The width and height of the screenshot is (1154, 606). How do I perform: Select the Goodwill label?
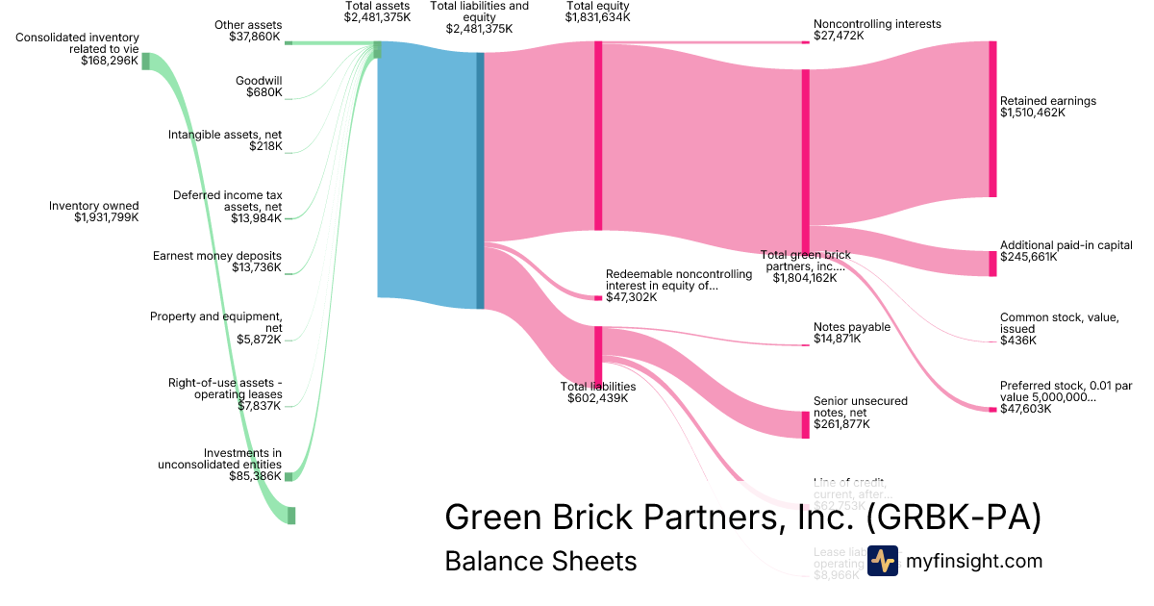(x=259, y=81)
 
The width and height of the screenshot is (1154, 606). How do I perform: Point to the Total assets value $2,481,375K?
(x=377, y=17)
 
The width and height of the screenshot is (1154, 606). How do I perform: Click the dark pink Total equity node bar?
(x=598, y=135)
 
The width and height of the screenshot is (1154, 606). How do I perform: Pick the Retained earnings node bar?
(x=992, y=119)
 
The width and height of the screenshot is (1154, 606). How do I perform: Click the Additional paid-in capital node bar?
(x=992, y=264)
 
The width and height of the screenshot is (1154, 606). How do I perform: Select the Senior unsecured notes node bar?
(x=805, y=424)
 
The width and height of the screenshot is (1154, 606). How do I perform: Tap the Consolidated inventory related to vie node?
(x=146, y=62)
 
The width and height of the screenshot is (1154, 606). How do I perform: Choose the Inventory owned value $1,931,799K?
(x=106, y=218)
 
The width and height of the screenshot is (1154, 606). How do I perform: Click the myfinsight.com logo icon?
(x=882, y=561)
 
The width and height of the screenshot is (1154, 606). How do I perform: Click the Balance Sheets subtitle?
(x=540, y=561)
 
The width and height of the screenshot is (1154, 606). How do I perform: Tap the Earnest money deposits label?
(x=217, y=255)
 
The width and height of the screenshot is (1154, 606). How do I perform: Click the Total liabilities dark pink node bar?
(x=598, y=356)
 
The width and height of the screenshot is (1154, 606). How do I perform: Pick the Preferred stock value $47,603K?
(x=1025, y=409)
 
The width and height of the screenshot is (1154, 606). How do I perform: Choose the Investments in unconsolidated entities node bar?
(x=288, y=476)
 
